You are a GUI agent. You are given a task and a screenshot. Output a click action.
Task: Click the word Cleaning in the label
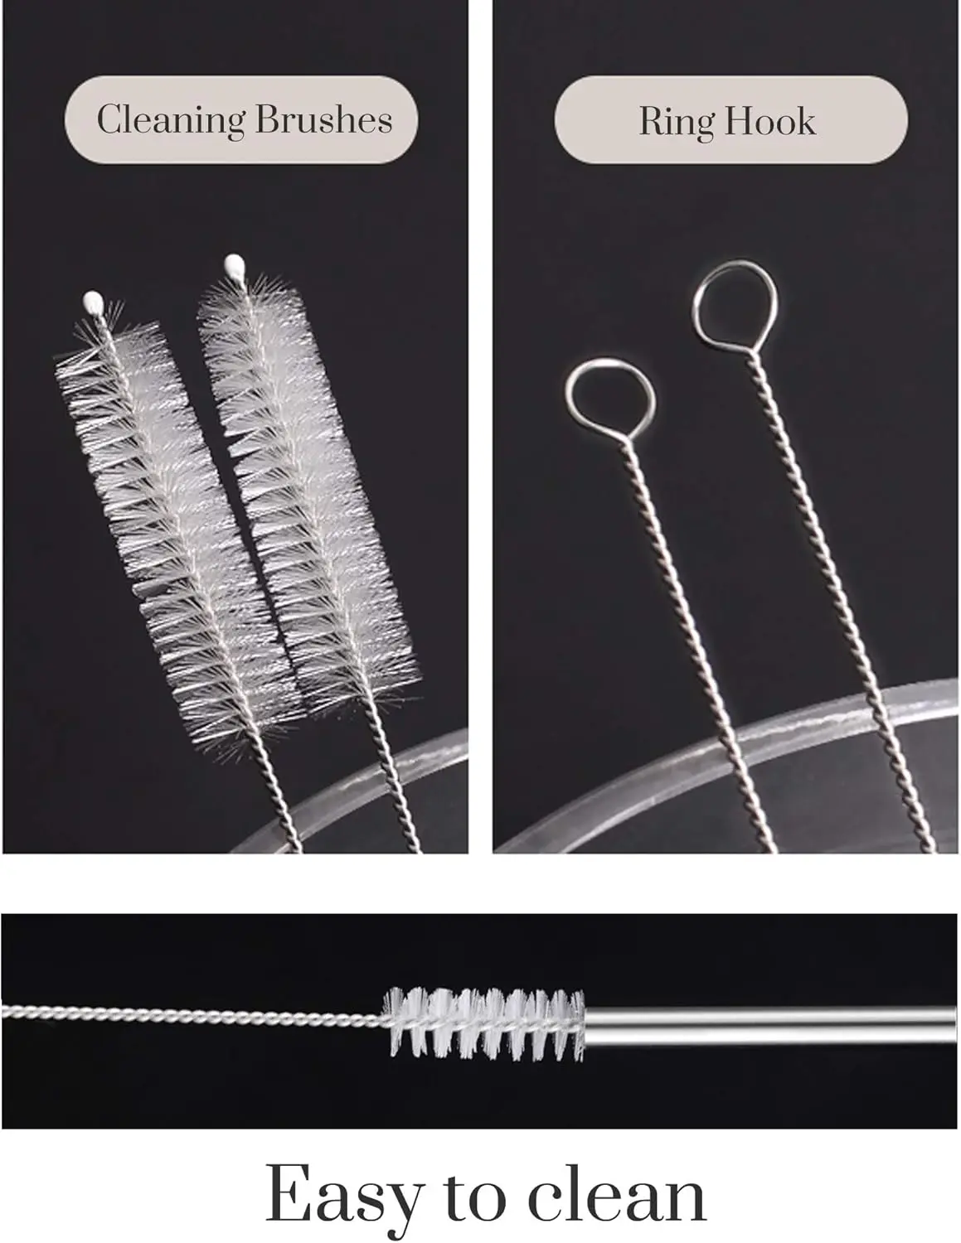(171, 119)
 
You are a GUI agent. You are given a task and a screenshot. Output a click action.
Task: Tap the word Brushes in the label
(323, 119)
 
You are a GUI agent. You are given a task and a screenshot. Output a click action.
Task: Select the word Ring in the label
(677, 121)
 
